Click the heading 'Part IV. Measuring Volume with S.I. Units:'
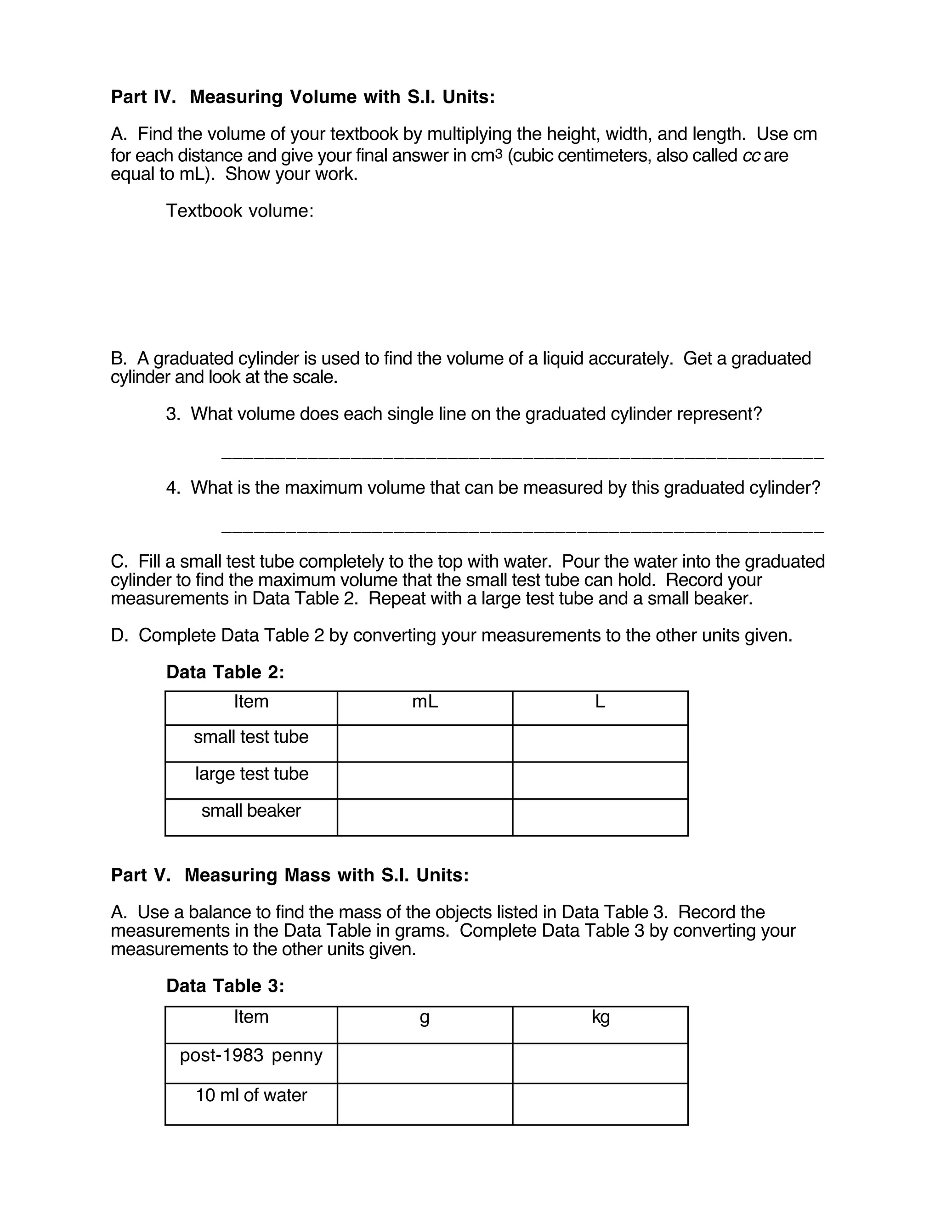point(303,97)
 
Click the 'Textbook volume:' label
point(240,211)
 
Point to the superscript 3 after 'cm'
point(499,153)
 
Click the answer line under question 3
point(522,457)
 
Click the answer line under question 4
point(522,531)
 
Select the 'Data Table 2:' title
point(225,672)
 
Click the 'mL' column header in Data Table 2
point(425,701)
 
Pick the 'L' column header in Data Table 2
point(600,701)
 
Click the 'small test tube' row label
point(251,737)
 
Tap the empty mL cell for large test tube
point(425,780)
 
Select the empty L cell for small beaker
point(600,817)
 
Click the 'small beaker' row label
point(251,811)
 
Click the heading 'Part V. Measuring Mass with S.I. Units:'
point(290,875)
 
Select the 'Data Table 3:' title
point(225,986)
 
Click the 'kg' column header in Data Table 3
point(601,1017)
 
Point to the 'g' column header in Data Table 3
point(424,1018)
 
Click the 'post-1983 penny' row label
point(251,1055)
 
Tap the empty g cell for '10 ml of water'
point(425,1104)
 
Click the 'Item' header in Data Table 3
point(251,1017)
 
